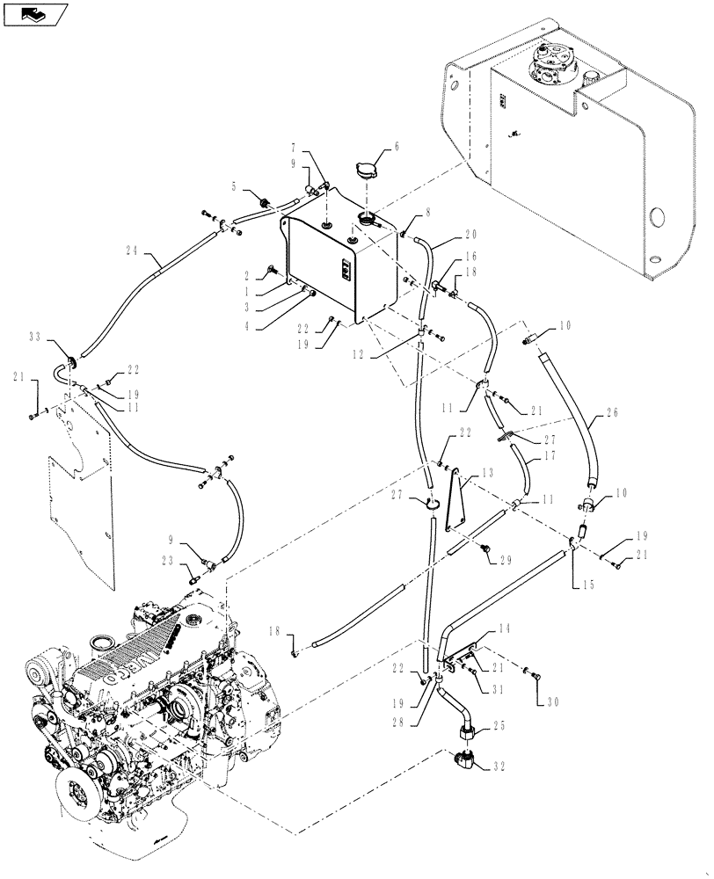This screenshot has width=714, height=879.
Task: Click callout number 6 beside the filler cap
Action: pos(396,148)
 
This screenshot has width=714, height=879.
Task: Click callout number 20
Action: pos(470,236)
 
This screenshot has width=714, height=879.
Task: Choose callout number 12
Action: pos(382,353)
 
